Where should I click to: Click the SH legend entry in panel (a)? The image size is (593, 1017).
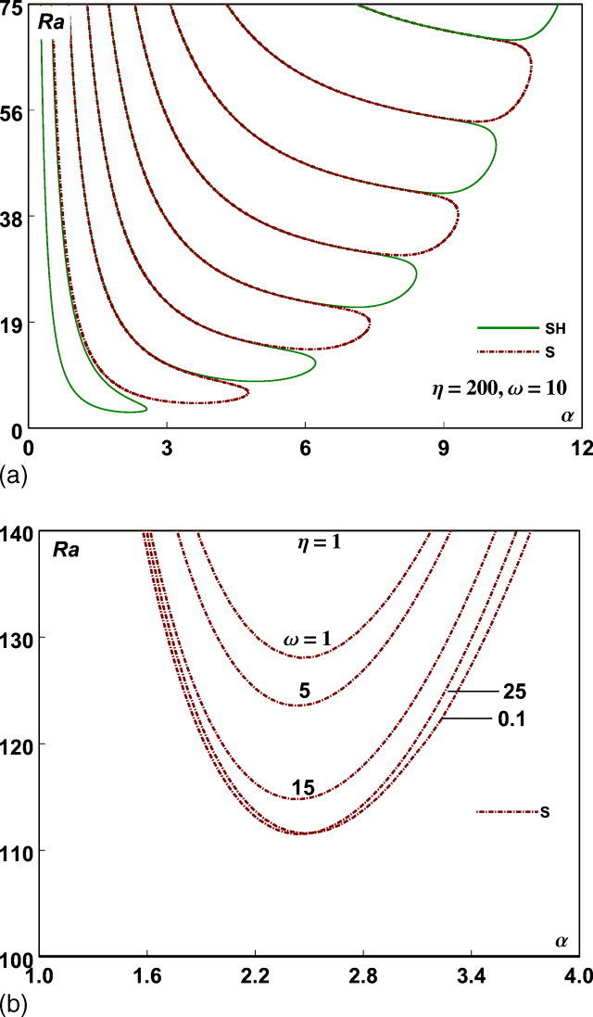[523, 327]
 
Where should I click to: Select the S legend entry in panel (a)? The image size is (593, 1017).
[523, 352]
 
